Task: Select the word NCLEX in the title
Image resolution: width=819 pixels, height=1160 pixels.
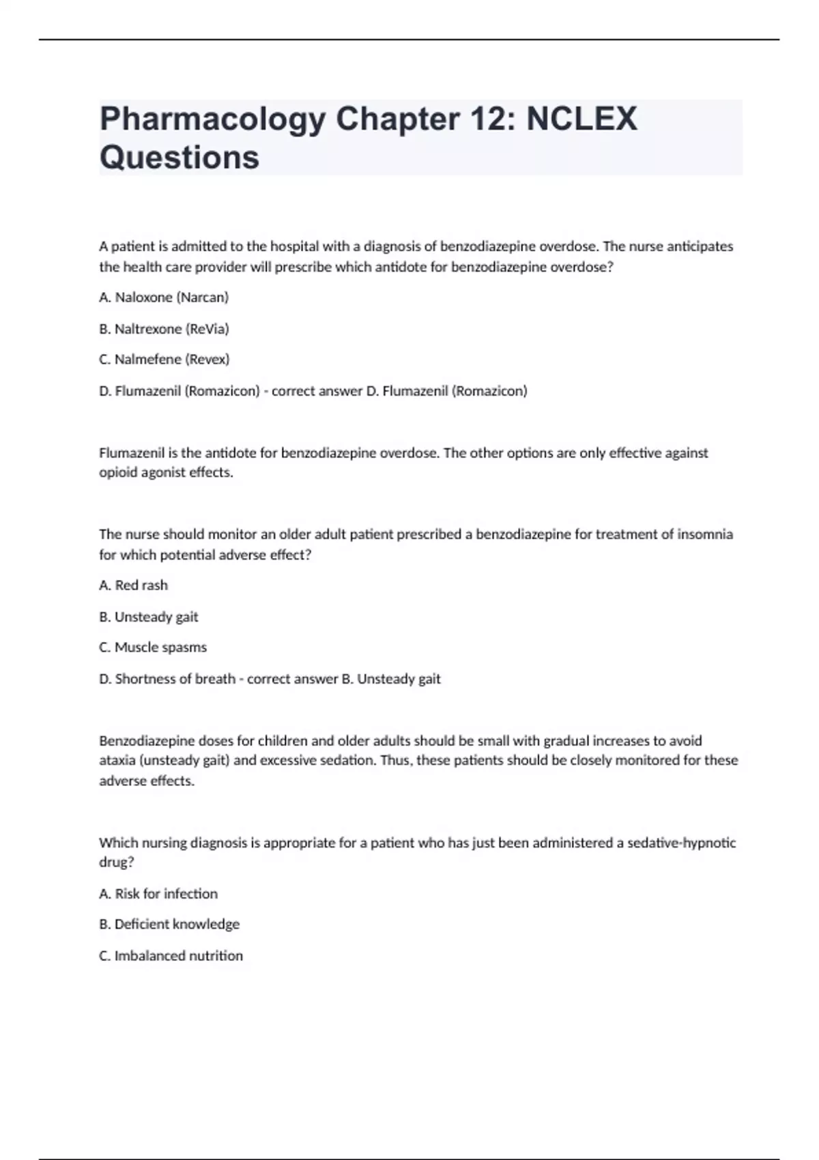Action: pos(581,119)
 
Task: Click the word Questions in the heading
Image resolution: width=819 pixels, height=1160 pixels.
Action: pos(179,158)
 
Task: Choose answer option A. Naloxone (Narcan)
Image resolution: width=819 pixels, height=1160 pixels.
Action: pos(164,298)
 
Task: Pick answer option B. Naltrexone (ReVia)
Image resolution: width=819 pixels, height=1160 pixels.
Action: pos(164,329)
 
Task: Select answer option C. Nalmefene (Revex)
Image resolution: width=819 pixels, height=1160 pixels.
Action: pos(164,359)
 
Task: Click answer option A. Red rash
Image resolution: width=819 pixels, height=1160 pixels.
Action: pos(133,585)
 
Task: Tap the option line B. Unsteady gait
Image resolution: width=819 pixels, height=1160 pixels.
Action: pos(149,617)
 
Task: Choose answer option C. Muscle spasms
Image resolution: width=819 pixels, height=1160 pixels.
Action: pos(153,647)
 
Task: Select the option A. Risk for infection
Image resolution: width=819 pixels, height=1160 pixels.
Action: pos(158,894)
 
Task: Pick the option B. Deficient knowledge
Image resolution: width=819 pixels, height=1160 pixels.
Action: pos(169,924)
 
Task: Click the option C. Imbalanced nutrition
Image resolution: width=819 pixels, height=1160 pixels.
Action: pos(171,955)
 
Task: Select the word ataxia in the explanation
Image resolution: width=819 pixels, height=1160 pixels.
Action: pos(117,760)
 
